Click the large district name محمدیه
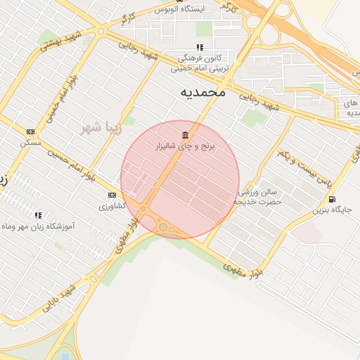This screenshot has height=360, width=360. [x=203, y=91]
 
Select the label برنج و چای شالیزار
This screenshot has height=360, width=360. [x=188, y=146]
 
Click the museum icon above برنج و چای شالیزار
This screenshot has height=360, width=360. [x=185, y=134]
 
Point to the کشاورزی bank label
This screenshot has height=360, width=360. [x=112, y=206]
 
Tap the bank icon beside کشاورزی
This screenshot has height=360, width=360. [x=112, y=195]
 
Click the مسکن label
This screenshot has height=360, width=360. [x=30, y=143]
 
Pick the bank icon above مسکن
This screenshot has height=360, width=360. [x=30, y=131]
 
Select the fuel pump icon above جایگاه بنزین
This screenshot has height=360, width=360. [x=332, y=199]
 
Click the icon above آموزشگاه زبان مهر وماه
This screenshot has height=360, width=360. [x=38, y=215]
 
